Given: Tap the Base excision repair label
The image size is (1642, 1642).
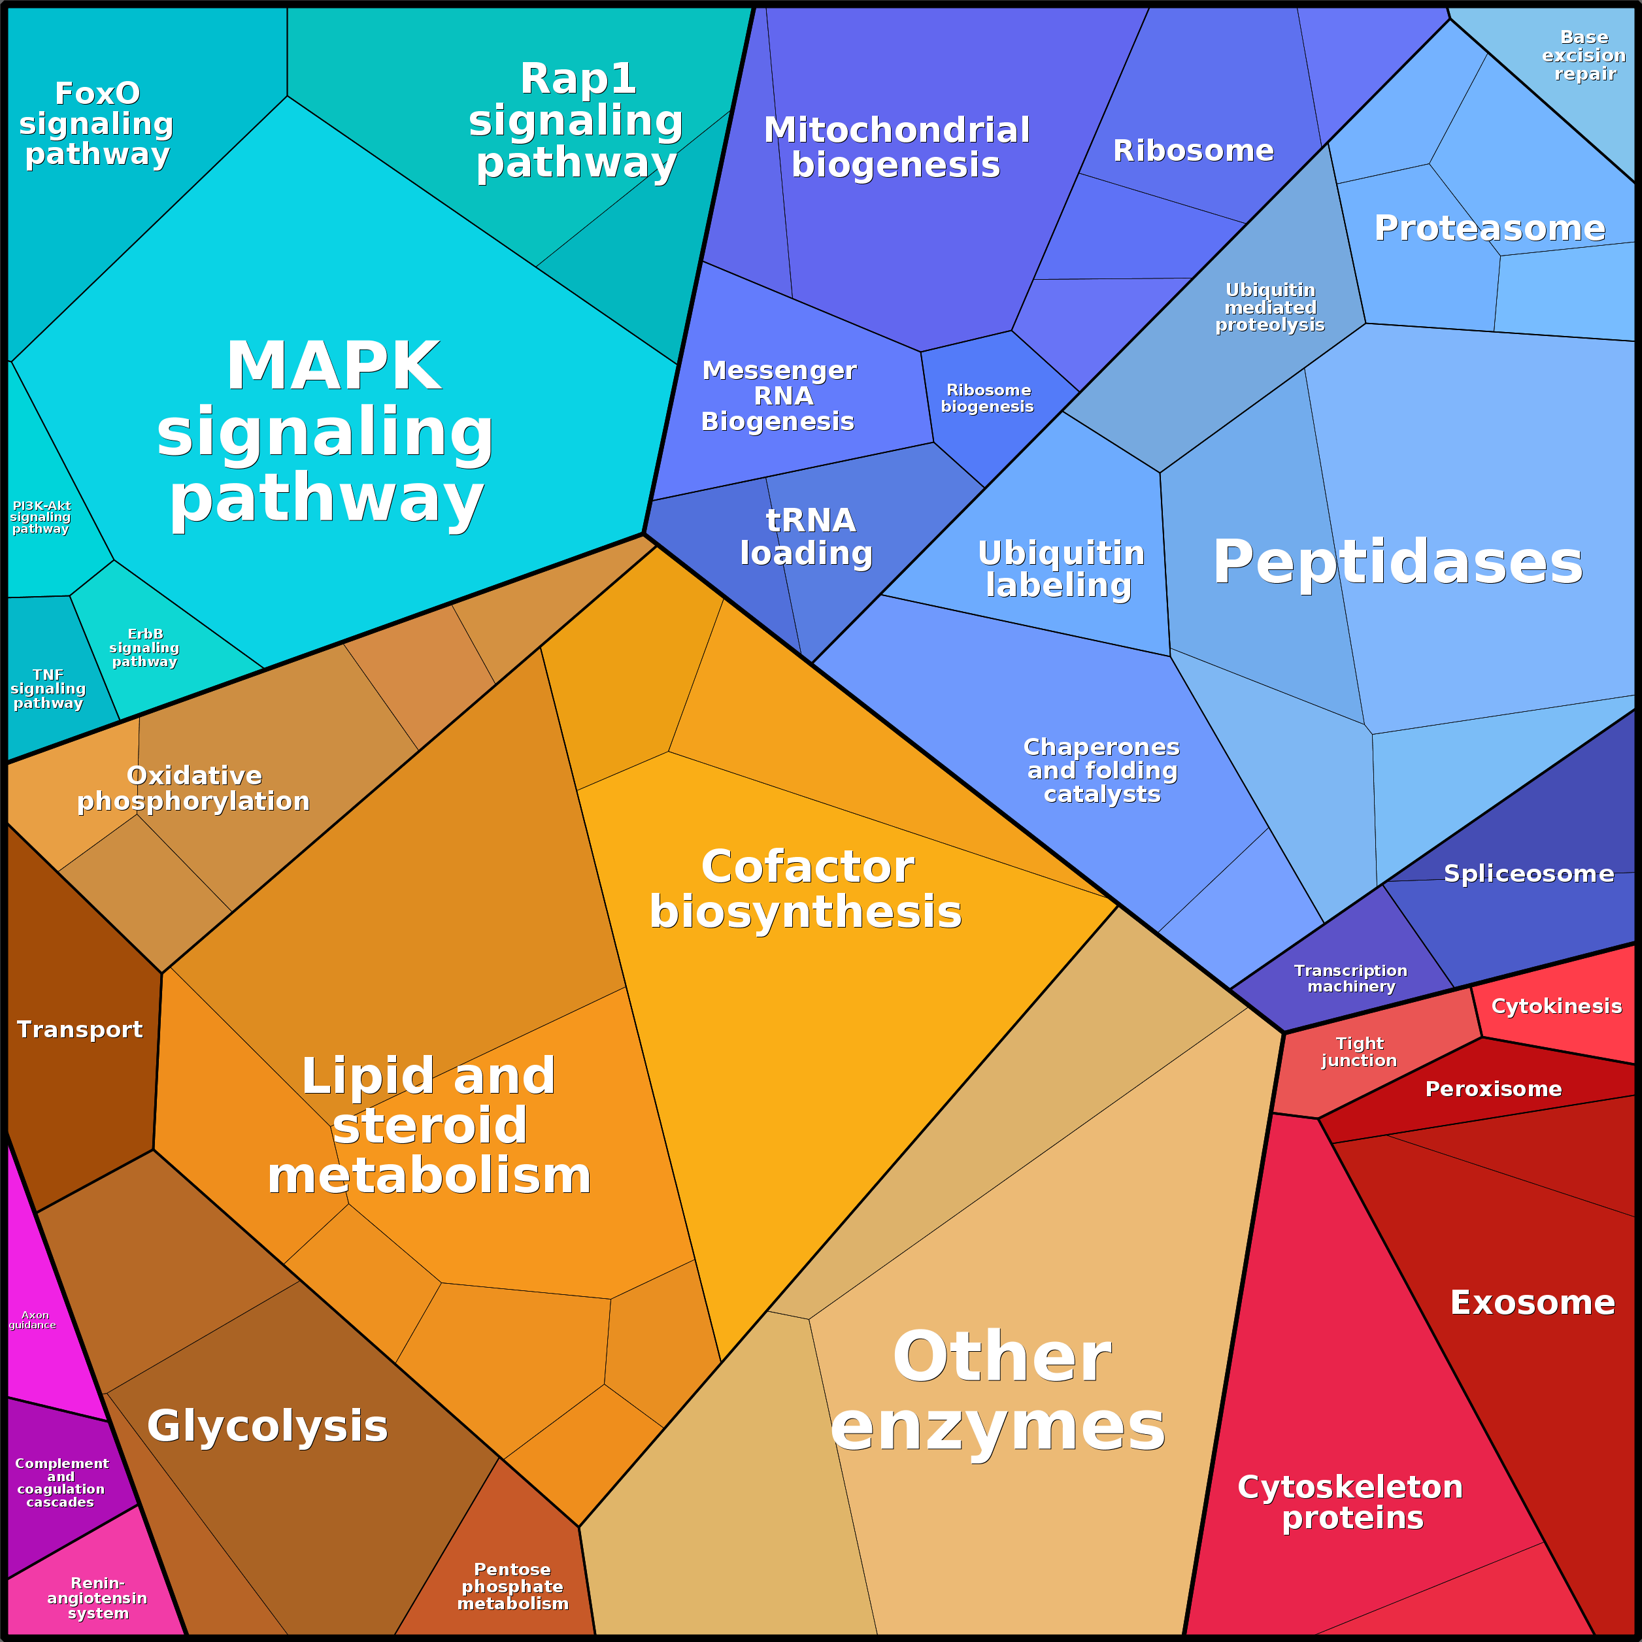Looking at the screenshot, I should click(1583, 56).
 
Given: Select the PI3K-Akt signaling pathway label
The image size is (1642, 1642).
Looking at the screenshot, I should click(40, 517).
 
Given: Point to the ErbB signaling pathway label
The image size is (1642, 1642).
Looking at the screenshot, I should click(144, 648).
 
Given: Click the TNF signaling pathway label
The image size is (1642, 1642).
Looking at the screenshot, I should click(48, 688).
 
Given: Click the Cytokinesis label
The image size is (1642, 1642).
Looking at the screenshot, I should click(1556, 1006).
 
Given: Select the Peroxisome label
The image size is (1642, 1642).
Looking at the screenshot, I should click(1493, 1089).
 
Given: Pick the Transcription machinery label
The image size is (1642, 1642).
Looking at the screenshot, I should click(1350, 979).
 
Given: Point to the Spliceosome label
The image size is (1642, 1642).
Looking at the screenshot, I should click(1528, 874).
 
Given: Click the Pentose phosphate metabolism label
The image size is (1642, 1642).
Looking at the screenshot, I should click(512, 1586).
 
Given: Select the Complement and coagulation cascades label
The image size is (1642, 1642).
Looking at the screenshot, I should click(61, 1483).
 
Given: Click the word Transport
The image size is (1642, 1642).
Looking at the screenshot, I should click(80, 1030).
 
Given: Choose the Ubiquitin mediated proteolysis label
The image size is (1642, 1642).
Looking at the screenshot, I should click(1270, 308).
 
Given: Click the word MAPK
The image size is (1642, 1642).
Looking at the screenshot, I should click(333, 365).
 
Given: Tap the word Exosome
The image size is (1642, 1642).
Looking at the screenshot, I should click(1532, 1303).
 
